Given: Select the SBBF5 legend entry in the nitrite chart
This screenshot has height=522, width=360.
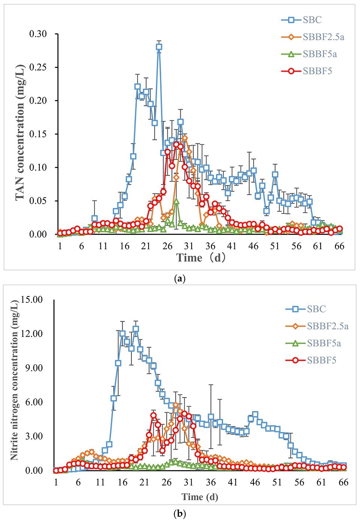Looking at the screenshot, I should pos(321,360).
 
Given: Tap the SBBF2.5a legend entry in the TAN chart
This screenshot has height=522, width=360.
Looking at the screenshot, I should pos(323,37).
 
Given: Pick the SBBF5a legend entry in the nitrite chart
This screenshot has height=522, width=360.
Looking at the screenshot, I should pos(324,343).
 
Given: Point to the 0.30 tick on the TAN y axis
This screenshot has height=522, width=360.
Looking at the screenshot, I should pos(38,34).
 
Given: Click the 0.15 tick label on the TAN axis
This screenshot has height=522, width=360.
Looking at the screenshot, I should pos(38,134).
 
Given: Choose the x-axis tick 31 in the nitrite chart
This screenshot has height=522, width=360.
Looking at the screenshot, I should pos(189,482).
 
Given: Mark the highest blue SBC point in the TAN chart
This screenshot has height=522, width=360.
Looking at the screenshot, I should pos(159,47).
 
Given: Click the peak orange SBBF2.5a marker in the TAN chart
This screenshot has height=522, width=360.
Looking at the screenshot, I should pos(185,138).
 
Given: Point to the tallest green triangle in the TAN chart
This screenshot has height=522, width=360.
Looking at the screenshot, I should pos(176,202).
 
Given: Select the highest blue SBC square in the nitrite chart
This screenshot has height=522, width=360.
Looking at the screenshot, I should pos(136,329).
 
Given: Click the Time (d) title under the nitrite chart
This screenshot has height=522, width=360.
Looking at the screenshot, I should pos(199,497).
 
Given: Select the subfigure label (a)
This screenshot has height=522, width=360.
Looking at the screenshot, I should pos(180,279).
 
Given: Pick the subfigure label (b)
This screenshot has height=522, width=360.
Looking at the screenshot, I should pos(180,513).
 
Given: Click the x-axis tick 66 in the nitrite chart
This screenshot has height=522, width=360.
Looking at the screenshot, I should pos(343,482).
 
